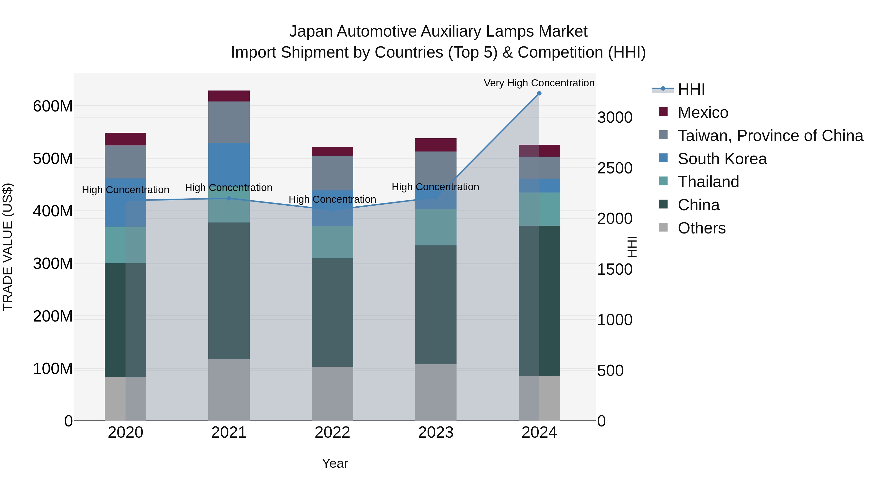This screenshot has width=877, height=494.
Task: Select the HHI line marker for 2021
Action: click(229, 198)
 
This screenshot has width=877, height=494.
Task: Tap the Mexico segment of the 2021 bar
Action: click(229, 96)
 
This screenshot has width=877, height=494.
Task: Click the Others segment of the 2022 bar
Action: click(332, 393)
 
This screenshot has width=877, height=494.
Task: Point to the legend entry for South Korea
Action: click(722, 159)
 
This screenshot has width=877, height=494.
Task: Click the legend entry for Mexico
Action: click(702, 112)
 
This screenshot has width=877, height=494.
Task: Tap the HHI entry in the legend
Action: click(691, 89)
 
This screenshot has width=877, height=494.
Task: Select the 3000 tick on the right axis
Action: click(615, 118)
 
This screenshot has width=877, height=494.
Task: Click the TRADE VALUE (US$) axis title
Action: click(8, 247)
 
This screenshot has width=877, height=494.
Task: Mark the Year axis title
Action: click(335, 463)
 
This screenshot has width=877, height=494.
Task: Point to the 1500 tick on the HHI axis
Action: click(615, 269)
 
